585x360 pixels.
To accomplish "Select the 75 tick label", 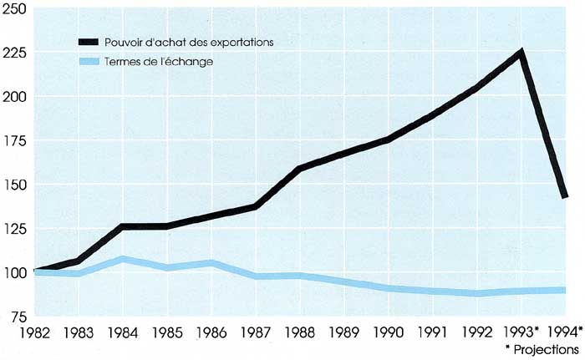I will point(18,316).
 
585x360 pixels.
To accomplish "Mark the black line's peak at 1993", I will point(521,53).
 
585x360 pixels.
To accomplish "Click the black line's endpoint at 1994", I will point(565,196).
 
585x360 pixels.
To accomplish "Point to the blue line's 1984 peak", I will point(124,260).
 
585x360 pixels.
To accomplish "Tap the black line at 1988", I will point(299,169).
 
